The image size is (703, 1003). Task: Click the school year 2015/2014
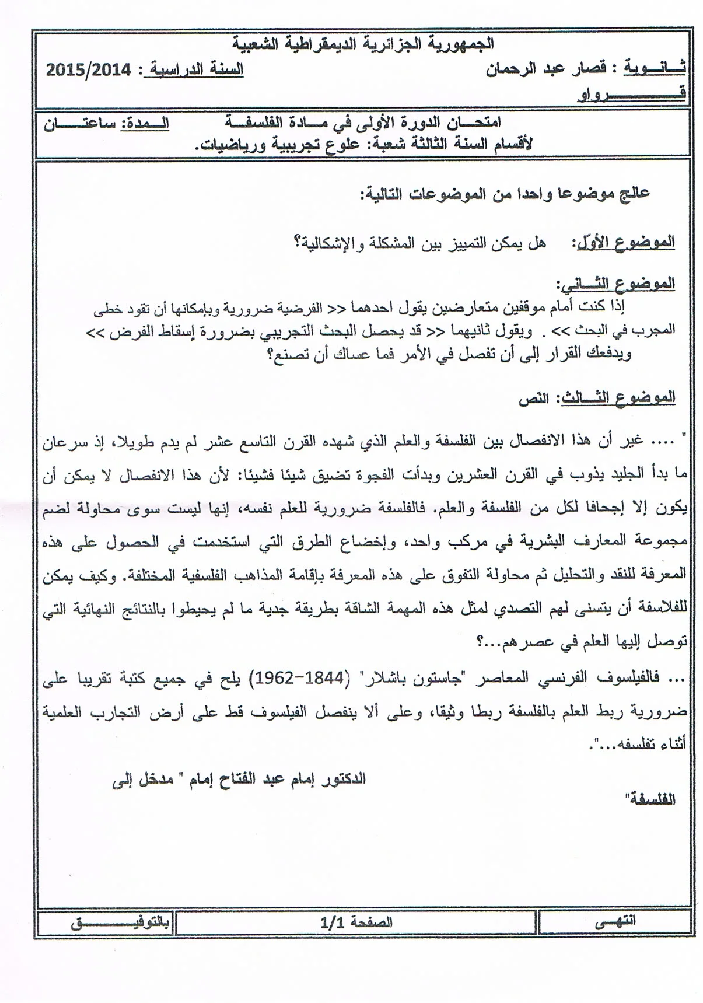[88, 71]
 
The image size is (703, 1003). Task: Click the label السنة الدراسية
[196, 70]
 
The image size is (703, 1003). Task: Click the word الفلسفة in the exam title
[251, 123]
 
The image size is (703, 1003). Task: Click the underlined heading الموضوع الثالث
[618, 398]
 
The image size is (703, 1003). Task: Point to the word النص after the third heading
[534, 399]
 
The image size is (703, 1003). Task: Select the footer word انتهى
[615, 921]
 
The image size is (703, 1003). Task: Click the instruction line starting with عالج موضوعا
[505, 194]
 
